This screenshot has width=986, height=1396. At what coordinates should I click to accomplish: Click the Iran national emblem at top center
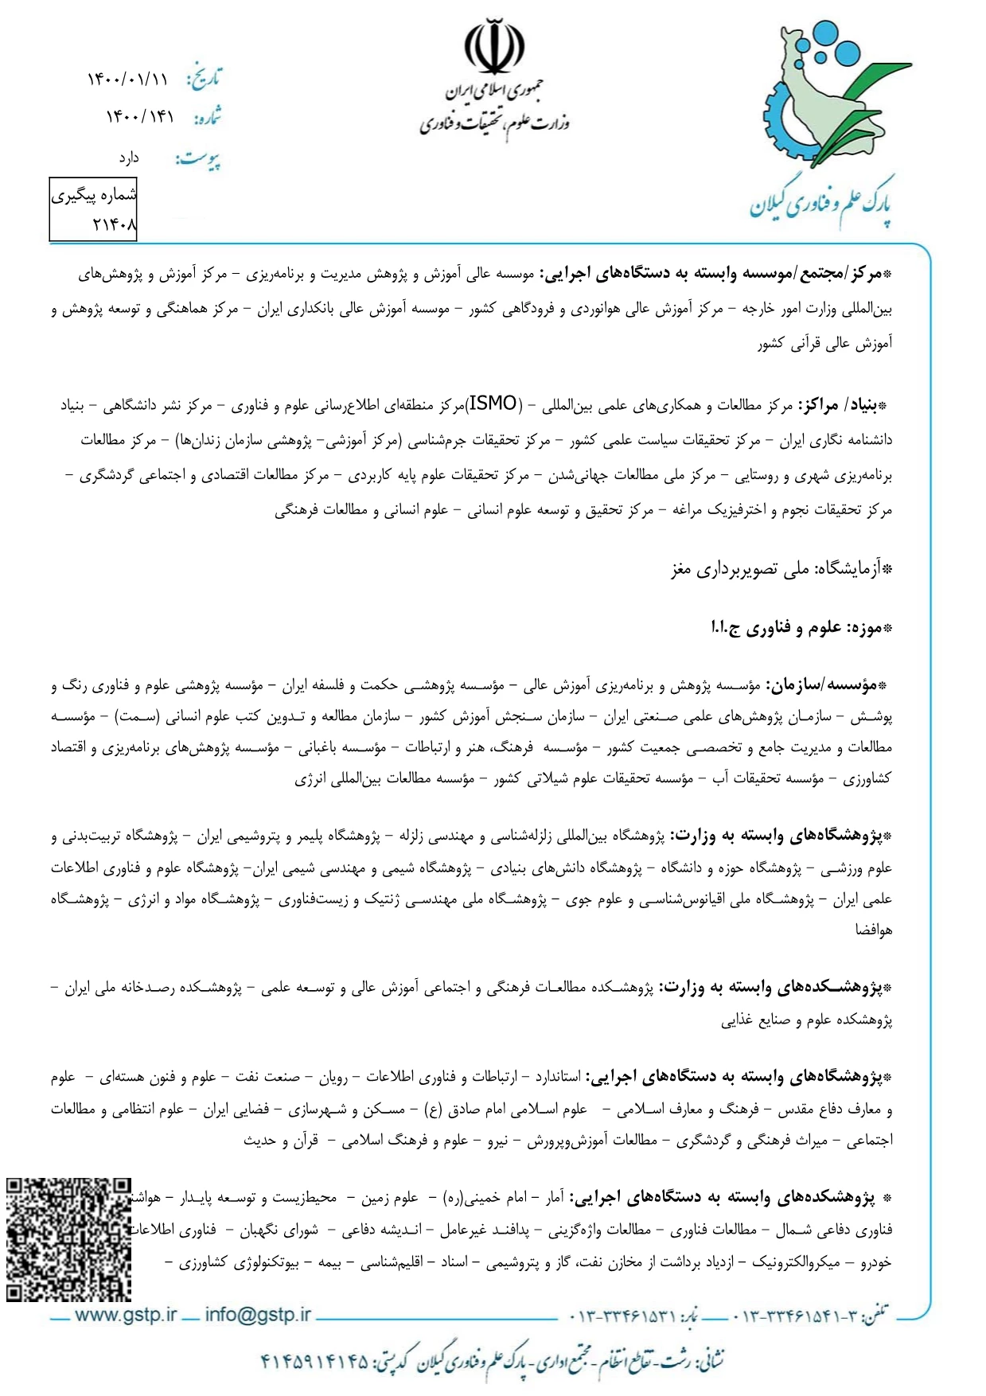pos(494,47)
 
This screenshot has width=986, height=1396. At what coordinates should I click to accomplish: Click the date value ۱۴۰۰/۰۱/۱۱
pos(127,80)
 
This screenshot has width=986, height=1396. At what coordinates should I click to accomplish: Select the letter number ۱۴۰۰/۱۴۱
pos(139,117)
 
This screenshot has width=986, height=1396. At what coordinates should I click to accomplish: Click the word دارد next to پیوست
pos(129,158)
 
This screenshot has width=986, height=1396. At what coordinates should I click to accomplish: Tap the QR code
pos(68,1239)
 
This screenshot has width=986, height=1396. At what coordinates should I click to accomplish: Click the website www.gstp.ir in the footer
pos(125,1315)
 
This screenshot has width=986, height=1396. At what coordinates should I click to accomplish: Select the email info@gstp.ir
pos(258,1315)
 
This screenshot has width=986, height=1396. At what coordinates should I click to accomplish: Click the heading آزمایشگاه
pos(854,569)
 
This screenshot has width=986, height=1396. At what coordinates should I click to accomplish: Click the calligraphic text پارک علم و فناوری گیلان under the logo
pos(820,205)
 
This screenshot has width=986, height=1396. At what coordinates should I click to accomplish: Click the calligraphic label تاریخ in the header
pos(205,79)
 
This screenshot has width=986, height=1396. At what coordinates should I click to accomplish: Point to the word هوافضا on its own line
pos(873,929)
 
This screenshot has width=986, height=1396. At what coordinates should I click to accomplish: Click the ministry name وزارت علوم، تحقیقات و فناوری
pos(494,122)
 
